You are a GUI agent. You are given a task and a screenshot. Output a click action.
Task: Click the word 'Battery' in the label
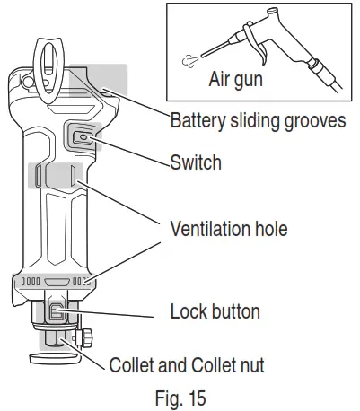[x=198, y=121]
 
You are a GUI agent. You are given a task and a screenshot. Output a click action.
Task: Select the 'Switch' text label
[x=195, y=164]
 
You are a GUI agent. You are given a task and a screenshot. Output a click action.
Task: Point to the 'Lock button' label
[x=215, y=312]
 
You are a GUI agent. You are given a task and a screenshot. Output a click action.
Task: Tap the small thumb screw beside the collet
[x=88, y=339]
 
